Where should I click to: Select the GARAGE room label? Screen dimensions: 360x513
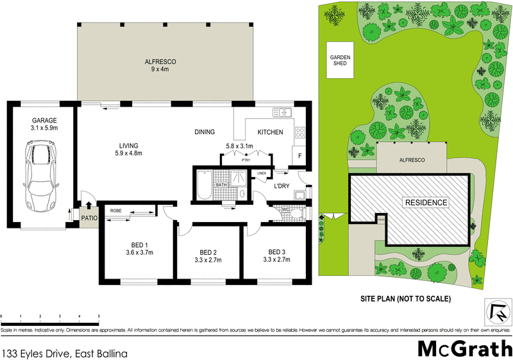click(45, 124)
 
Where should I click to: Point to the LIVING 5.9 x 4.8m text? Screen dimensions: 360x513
click(128, 149)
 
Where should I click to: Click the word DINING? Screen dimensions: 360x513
click(205, 132)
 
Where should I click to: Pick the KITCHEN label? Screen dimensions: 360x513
click(270, 132)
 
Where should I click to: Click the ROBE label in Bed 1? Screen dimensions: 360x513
click(116, 210)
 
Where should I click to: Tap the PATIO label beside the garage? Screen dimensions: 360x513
click(88, 217)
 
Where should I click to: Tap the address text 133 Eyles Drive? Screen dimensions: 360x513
click(65, 353)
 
